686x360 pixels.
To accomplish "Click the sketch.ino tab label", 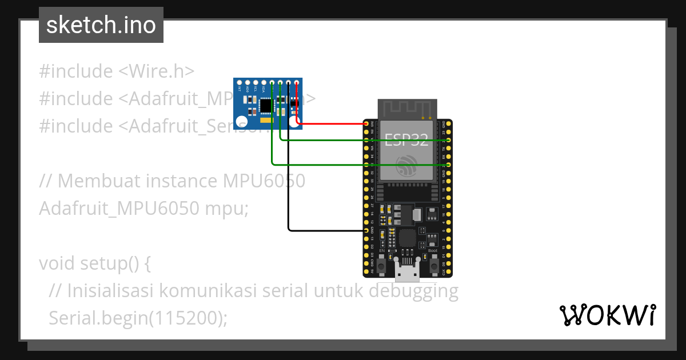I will pyautogui.click(x=101, y=25).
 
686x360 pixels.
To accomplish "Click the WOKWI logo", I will pyautogui.click(x=607, y=315).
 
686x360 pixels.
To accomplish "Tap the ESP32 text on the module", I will pyautogui.click(x=407, y=139).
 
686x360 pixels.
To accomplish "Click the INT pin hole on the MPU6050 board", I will pyautogui.click(x=239, y=83).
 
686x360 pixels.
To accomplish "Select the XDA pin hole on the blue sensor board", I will pyautogui.click(x=264, y=83).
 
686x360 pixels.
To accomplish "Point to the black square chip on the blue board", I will pyautogui.click(x=266, y=106).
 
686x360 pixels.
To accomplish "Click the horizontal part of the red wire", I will pyautogui.click(x=332, y=123).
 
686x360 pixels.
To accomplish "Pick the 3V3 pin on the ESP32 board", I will pyautogui.click(x=366, y=123).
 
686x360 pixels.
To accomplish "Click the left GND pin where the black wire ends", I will pyautogui.click(x=366, y=230).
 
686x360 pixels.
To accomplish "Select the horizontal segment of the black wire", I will pyautogui.click(x=326, y=230).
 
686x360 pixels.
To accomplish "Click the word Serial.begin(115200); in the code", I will pyautogui.click(x=138, y=318).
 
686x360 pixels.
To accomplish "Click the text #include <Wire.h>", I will pyautogui.click(x=117, y=71).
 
